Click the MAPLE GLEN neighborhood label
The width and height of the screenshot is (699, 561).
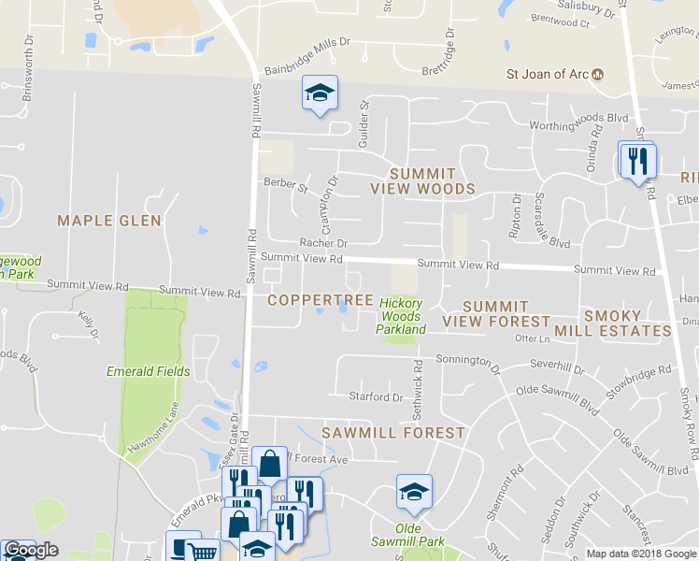109,221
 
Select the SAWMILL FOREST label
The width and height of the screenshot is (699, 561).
392,433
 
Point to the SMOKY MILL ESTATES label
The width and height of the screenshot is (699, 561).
626,324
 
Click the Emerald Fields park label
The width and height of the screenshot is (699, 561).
149,371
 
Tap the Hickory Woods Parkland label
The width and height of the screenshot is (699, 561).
401,316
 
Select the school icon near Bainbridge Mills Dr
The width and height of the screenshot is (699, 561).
320,93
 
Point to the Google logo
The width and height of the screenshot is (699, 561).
30,551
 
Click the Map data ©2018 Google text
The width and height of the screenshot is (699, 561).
641,554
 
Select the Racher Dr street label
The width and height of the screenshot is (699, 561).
323,242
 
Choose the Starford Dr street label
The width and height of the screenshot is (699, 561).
375,396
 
